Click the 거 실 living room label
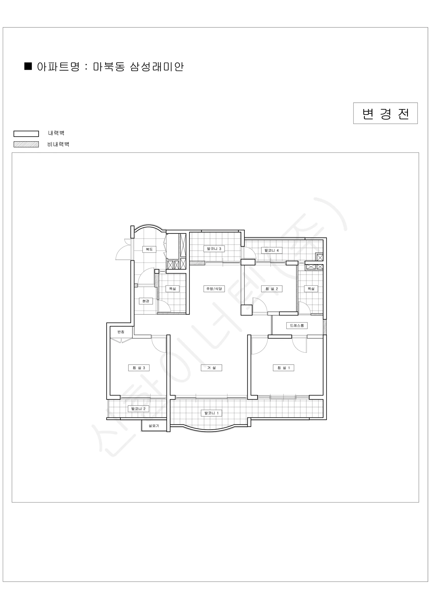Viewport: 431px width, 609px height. [211, 368]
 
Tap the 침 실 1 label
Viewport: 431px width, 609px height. [284, 368]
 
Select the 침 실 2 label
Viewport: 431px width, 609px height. [272, 289]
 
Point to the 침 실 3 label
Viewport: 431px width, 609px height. [139, 368]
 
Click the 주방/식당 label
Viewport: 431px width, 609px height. [214, 289]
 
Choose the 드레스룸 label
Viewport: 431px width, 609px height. [297, 326]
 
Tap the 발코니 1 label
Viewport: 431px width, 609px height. [211, 413]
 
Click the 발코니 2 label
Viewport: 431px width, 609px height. [138, 409]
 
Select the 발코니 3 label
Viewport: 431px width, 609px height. [214, 249]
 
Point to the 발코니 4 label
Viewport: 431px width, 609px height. [272, 250]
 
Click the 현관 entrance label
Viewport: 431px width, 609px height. [146, 301]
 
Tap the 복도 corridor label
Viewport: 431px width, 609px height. [149, 249]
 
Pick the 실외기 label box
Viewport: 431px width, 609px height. [154, 426]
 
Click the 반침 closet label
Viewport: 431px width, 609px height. [121, 332]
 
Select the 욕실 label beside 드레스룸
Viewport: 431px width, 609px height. [311, 289]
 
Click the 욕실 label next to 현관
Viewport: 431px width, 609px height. [173, 289]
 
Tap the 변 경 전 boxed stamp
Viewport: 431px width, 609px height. [385, 113]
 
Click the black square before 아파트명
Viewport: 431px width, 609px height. [28, 66]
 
